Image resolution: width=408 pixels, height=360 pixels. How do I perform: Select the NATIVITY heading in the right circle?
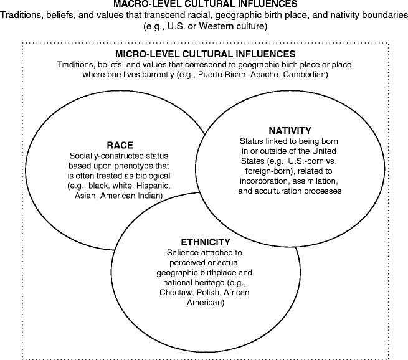click(290, 131)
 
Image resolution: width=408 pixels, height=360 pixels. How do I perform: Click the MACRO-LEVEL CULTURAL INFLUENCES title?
click(204, 4)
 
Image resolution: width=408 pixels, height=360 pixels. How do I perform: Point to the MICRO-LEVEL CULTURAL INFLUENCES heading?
click(204, 55)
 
